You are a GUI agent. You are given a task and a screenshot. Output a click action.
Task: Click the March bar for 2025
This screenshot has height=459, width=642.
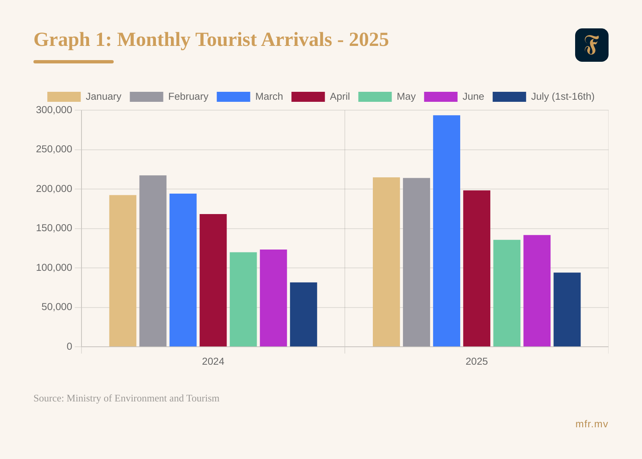[x=446, y=231]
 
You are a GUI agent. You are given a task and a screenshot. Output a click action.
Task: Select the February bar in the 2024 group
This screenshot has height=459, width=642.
[x=153, y=261]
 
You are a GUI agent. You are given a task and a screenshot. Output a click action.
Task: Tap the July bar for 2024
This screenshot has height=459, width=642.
[x=303, y=314]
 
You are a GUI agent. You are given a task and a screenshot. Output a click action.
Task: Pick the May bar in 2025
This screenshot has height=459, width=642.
[x=507, y=293]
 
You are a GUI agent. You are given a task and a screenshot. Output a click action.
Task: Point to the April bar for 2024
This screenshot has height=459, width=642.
[x=213, y=280]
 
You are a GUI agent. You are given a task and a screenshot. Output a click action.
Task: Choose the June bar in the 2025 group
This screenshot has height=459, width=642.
[x=537, y=291]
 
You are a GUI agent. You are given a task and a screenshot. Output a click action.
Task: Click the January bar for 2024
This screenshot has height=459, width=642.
[x=123, y=271]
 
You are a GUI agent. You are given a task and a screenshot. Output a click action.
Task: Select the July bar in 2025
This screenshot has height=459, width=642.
[x=567, y=309]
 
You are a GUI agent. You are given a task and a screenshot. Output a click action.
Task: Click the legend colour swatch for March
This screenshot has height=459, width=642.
[x=233, y=97]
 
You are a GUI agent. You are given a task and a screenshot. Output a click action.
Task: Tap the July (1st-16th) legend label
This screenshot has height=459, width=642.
[x=563, y=97]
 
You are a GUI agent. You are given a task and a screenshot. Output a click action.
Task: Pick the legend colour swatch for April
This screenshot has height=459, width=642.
[x=308, y=97]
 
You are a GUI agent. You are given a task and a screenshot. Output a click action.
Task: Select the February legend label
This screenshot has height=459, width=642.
[x=188, y=97]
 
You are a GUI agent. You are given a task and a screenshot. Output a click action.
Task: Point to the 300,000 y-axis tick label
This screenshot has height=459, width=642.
[x=54, y=110]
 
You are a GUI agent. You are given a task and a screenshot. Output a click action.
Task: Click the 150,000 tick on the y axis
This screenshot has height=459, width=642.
[x=54, y=228]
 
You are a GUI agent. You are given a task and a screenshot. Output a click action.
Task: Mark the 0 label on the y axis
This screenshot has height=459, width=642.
[x=69, y=346]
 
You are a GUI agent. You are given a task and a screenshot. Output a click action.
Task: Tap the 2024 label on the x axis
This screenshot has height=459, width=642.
[x=213, y=361]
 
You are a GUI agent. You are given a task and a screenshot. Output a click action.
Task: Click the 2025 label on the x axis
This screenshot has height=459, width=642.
[x=476, y=361]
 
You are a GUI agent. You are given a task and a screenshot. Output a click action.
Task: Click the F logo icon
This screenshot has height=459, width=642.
[x=591, y=45]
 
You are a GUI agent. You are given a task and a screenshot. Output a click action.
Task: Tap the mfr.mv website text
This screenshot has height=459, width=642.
[x=591, y=424]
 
